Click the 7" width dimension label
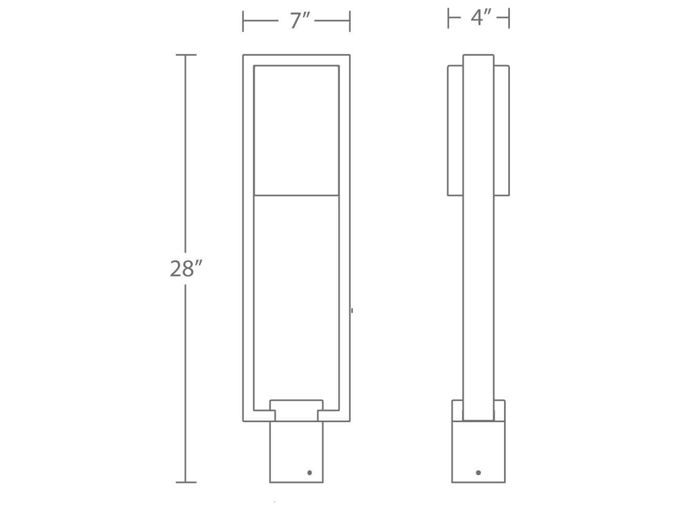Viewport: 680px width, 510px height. click(x=299, y=21)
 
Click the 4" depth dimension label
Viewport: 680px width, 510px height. click(x=480, y=18)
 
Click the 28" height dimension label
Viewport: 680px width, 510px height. click(x=186, y=268)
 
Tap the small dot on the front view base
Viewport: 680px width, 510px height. click(x=310, y=472)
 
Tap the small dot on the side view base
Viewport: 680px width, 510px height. click(x=478, y=472)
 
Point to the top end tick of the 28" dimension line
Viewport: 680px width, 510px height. click(x=186, y=55)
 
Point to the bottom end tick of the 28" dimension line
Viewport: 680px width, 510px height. click(x=186, y=482)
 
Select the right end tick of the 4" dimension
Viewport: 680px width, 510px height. click(x=509, y=18)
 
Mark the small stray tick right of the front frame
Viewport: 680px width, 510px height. click(x=352, y=310)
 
